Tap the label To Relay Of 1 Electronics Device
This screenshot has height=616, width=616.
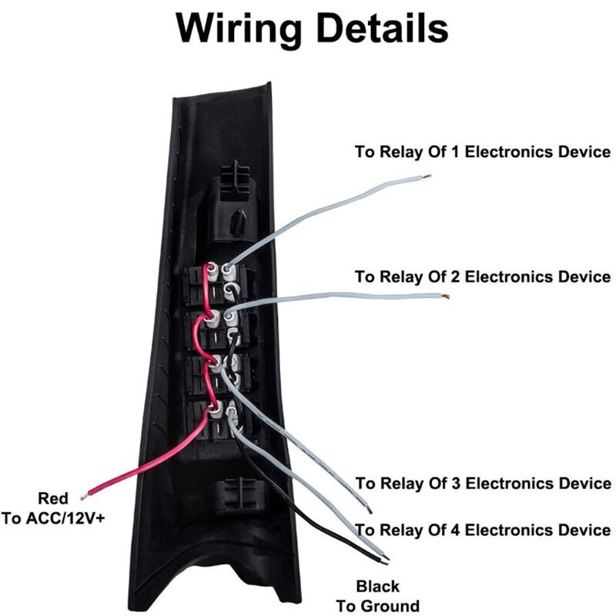tap(483, 152)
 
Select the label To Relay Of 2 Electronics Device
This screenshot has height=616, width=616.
tap(483, 276)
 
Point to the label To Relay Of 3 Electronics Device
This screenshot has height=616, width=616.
tap(483, 484)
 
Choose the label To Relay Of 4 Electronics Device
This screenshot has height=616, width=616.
tap(483, 531)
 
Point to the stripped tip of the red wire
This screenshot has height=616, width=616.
tap(90, 491)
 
